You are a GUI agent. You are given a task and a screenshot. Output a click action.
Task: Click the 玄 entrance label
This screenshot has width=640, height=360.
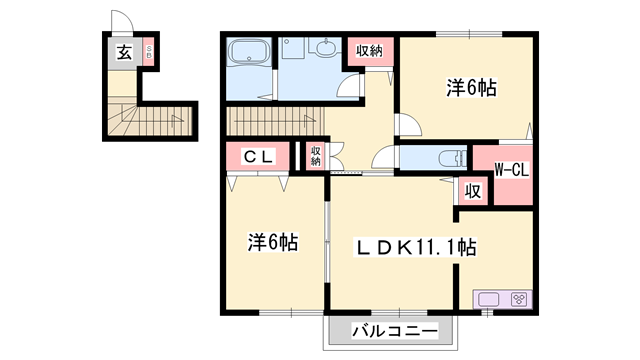pos(123,53)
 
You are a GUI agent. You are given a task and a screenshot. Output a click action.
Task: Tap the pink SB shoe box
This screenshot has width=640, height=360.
pos(148,52)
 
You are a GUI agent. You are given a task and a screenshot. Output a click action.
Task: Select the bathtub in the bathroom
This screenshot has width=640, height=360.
pos(244,52)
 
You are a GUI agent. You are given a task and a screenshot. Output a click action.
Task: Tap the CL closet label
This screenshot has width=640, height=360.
pos(258,158)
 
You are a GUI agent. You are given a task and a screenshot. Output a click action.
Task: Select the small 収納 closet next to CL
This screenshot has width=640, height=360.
pos(315,155)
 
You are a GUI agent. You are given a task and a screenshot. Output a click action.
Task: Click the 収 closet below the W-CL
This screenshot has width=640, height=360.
pos(472,190)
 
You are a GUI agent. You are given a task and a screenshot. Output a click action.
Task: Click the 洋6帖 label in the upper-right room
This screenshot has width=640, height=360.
pos(469,88)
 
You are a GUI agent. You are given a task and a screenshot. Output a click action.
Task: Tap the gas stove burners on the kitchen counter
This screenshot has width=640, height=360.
pos(519,298)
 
